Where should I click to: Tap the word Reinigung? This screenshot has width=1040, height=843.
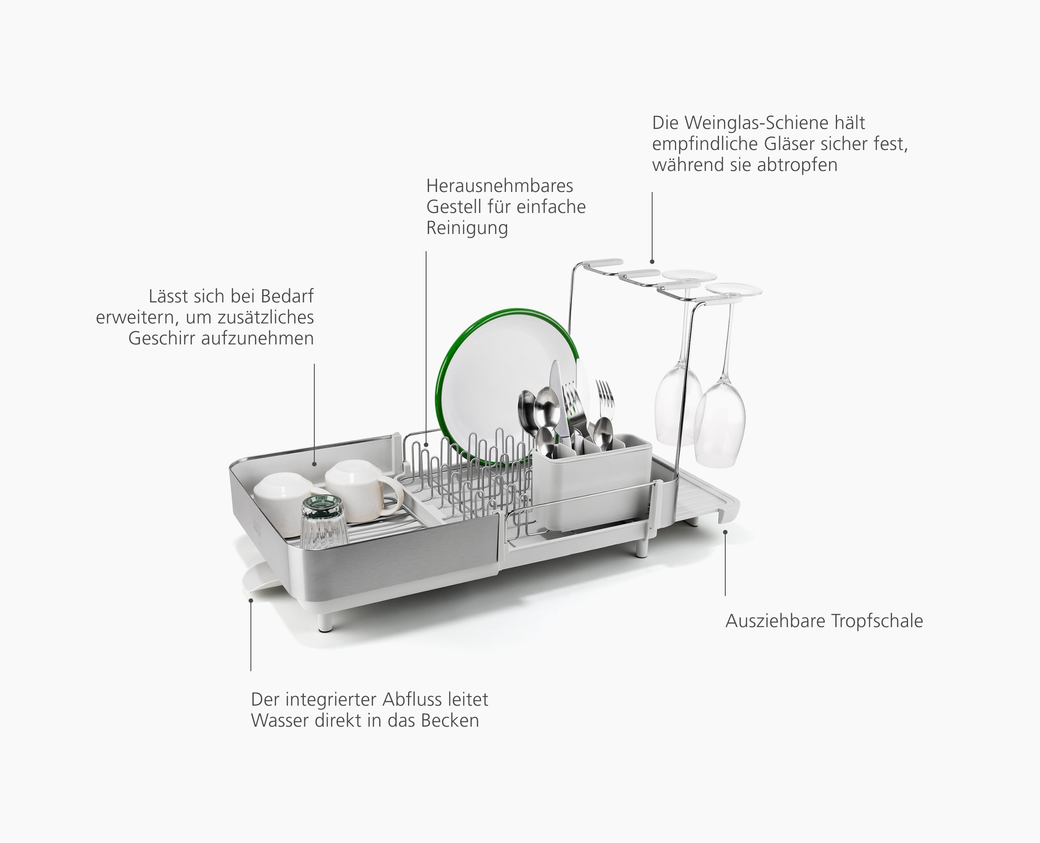point(467,228)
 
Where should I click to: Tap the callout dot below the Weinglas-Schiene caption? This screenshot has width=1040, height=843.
point(652,262)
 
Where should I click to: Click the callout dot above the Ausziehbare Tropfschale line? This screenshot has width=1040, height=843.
point(725,532)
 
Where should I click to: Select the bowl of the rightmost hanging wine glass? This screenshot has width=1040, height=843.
point(720,423)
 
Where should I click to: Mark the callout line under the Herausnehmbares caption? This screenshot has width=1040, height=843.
point(426,340)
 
